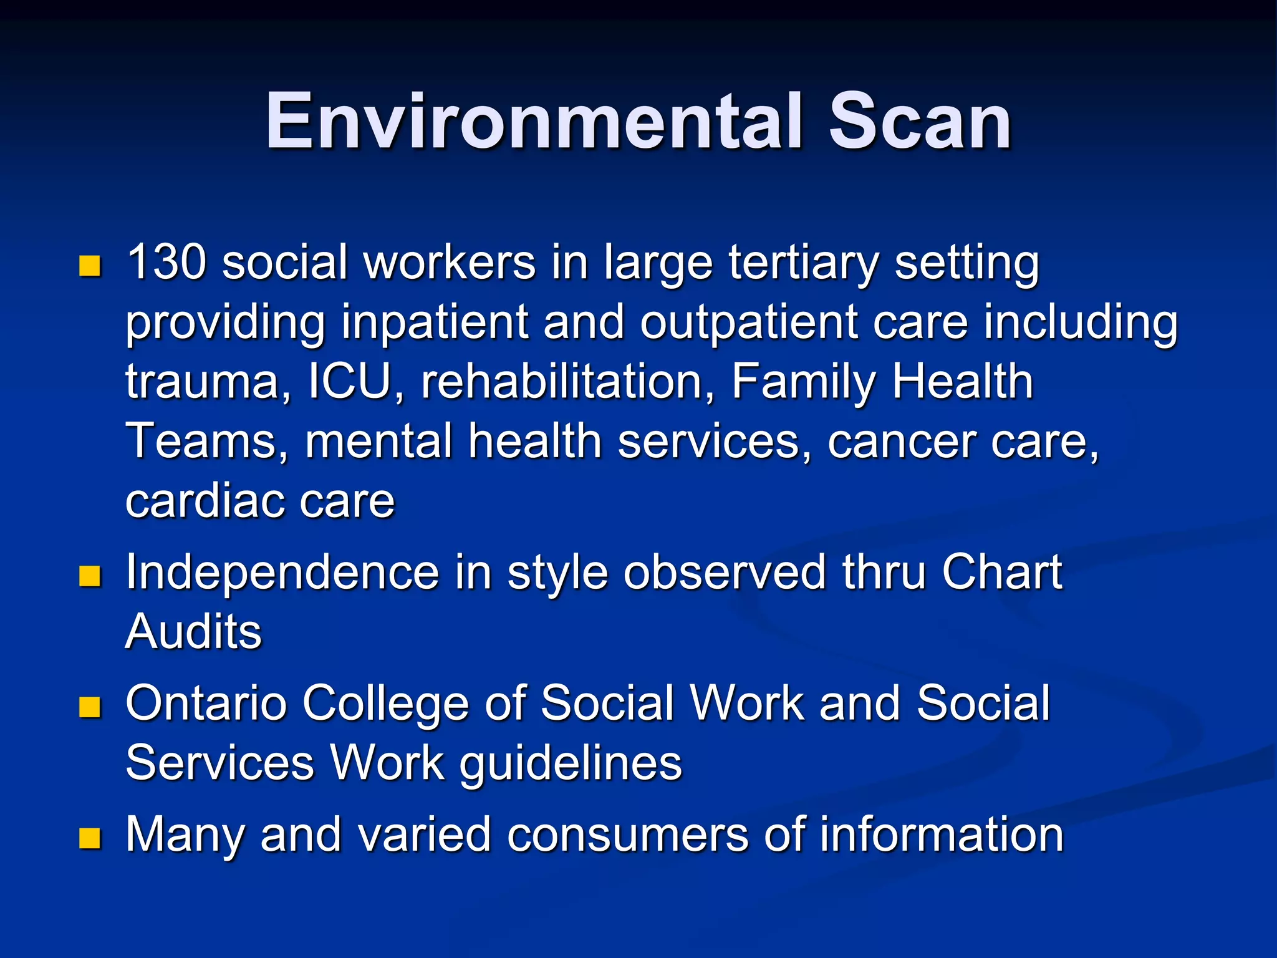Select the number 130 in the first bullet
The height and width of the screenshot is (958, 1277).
pyautogui.click(x=166, y=262)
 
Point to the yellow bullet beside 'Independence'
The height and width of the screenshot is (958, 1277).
pyautogui.click(x=90, y=576)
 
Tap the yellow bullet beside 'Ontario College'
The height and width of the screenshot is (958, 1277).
pyautogui.click(x=90, y=707)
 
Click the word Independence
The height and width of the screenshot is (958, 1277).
pyautogui.click(x=282, y=573)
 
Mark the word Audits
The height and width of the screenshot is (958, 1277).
pyautogui.click(x=193, y=631)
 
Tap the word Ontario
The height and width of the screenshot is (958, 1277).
pyautogui.click(x=206, y=704)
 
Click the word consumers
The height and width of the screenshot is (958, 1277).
pyautogui.click(x=627, y=835)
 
